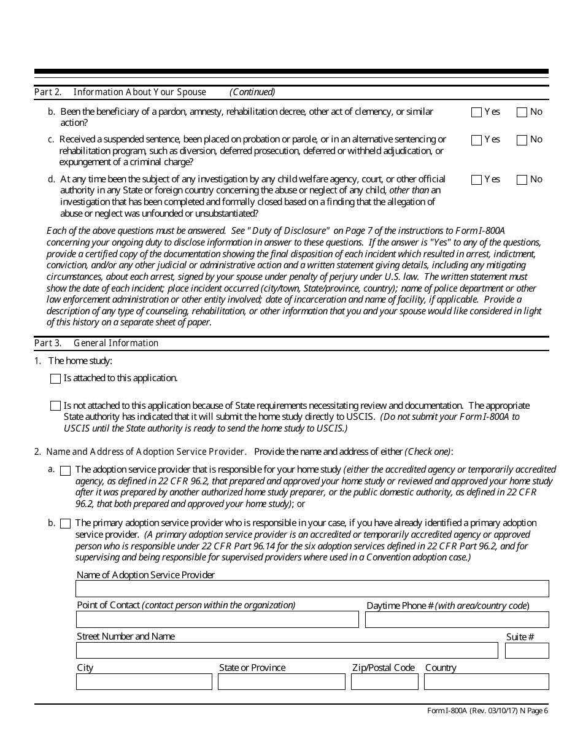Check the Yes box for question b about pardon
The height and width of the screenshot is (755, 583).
tap(476, 112)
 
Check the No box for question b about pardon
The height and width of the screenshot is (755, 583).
tap(522, 112)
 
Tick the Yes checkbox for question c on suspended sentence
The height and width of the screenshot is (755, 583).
tap(476, 140)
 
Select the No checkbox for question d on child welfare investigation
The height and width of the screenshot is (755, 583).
tap(522, 180)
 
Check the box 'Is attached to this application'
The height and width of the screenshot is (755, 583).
tap(55, 379)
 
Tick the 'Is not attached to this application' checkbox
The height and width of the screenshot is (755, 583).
tap(55, 406)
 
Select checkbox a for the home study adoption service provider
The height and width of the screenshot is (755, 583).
tap(66, 470)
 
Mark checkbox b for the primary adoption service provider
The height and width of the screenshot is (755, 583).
tap(66, 524)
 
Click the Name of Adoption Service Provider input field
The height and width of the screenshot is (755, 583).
tap(312, 589)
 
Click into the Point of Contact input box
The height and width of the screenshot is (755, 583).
tap(217, 619)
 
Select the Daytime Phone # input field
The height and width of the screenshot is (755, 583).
tap(457, 619)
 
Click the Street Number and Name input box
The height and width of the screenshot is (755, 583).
tap(287, 651)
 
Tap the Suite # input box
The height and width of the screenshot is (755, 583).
tap(527, 651)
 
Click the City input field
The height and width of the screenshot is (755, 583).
tap(144, 681)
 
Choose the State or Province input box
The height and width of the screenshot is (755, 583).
tap(281, 681)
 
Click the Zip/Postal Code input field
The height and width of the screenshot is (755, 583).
tap(384, 681)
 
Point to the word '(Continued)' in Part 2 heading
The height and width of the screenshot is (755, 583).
tap(252, 92)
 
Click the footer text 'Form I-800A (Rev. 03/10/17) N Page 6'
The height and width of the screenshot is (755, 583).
tap(487, 711)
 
